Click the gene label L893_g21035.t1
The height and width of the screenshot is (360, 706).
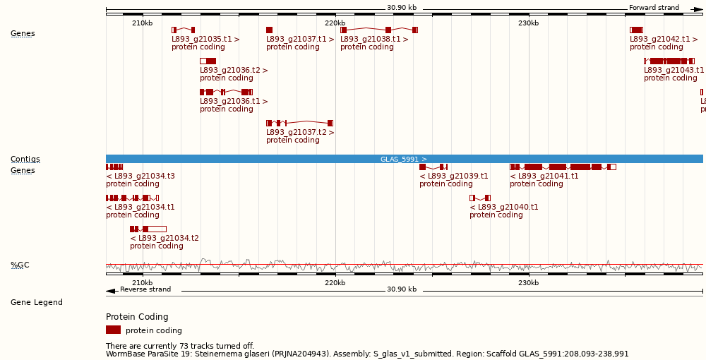(x=205, y=40)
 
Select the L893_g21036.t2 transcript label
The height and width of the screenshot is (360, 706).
(x=234, y=71)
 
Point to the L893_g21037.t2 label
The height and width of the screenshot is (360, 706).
(x=300, y=133)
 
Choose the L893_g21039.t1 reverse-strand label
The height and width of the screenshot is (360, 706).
(x=454, y=176)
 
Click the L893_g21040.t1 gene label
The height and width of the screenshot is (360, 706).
(x=504, y=208)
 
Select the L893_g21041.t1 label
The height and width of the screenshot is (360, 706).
(x=544, y=176)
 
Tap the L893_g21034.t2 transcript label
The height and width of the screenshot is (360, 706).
(x=164, y=239)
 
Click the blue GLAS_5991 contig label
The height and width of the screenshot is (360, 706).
(x=404, y=160)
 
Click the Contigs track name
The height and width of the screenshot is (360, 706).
(x=25, y=160)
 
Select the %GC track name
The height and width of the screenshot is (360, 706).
(x=20, y=265)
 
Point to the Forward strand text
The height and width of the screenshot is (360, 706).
(x=654, y=8)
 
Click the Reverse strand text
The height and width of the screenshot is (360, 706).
(x=145, y=289)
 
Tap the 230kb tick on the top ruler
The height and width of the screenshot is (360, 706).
(x=529, y=23)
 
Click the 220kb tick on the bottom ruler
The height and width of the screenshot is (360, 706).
(x=335, y=283)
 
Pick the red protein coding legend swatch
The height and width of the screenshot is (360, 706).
(x=113, y=330)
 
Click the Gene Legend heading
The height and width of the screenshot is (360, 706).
(x=36, y=302)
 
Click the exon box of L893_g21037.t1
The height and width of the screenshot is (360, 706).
(x=269, y=30)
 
